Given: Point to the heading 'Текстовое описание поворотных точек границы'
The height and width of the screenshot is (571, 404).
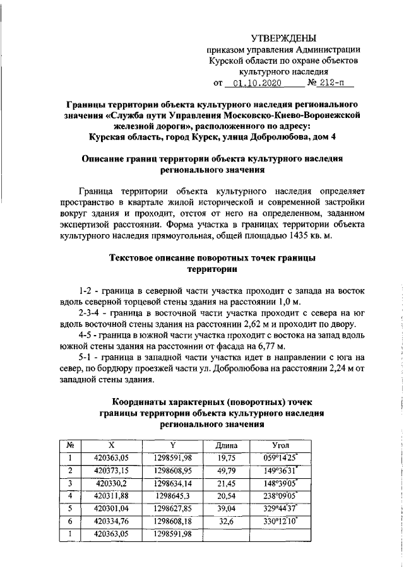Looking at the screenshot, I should click(x=212, y=258).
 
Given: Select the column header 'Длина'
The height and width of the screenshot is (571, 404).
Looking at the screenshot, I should click(x=225, y=445).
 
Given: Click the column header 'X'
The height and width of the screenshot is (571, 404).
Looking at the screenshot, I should click(x=111, y=445).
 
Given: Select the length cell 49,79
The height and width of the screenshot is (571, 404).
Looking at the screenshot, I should click(x=225, y=471).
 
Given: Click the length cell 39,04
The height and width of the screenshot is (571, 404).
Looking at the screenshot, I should click(x=225, y=509).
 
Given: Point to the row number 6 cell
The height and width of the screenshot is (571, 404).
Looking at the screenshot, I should click(x=71, y=521).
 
